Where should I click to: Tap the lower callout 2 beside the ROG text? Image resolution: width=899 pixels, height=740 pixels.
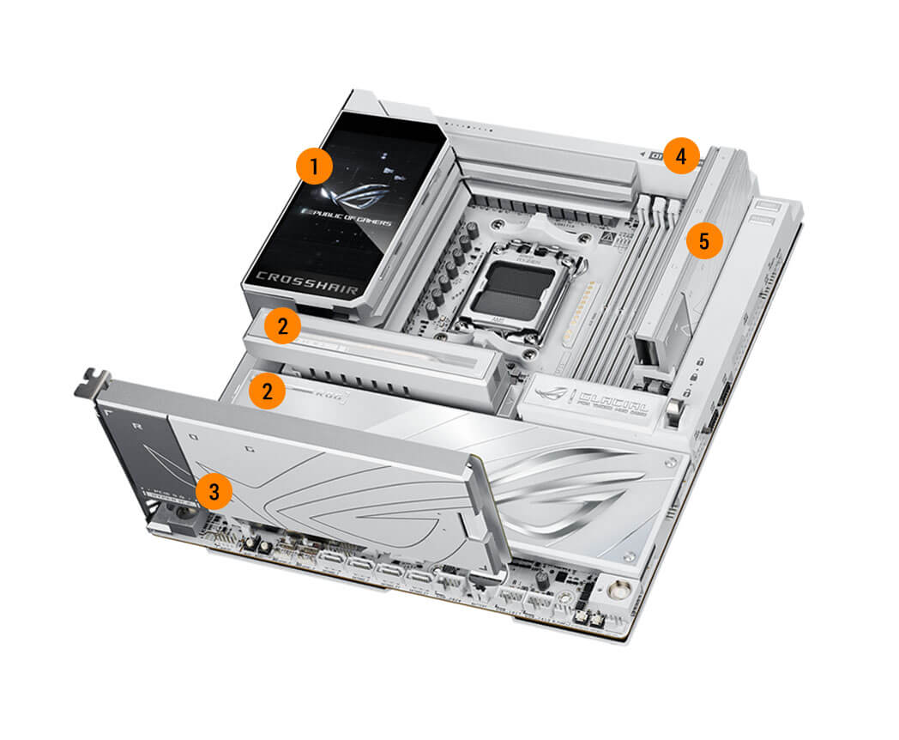tap(267, 391)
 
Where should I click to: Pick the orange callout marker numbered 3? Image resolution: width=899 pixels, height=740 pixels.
tap(214, 492)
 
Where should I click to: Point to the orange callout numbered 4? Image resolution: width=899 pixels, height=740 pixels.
tap(680, 156)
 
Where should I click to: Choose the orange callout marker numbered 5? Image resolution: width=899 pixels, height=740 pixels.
tap(703, 241)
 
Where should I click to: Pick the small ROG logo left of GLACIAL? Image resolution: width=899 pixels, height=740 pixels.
tap(560, 392)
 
